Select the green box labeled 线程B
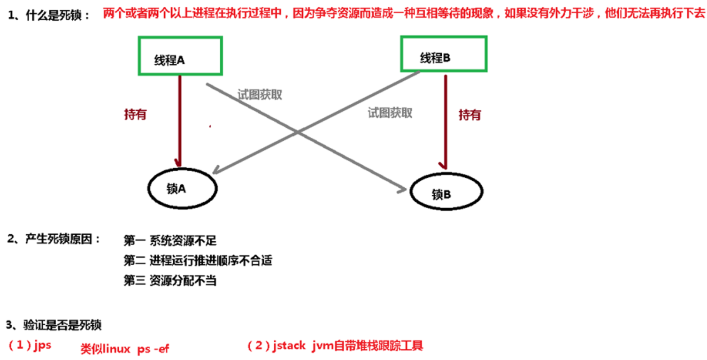pyautogui.click(x=443, y=54)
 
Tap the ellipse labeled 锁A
pyautogui.click(x=182, y=188)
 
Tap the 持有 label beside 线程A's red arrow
pyautogui.click(x=136, y=115)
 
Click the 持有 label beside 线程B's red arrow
pyautogui.click(x=469, y=115)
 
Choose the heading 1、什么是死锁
pyautogui.click(x=49, y=15)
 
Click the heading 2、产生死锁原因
pyautogui.click(x=54, y=239)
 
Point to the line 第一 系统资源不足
pyautogui.click(x=170, y=241)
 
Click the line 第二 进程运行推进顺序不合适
pyautogui.click(x=198, y=260)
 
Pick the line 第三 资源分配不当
pyautogui.click(x=170, y=280)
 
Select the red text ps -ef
pyautogui.click(x=154, y=349)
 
